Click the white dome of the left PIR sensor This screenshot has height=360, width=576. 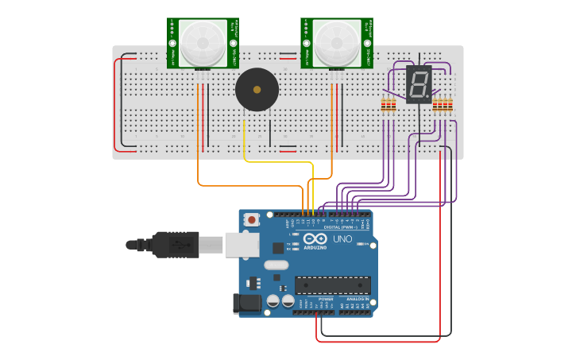coord(203,43)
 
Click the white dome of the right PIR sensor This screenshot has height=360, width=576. coord(336,43)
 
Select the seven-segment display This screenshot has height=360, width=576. coord(419,84)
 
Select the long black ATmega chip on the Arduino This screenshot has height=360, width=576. coord(332,285)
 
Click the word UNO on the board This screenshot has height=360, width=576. coord(342,239)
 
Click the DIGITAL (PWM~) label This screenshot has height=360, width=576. coord(341,227)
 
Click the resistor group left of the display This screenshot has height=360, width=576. coord(388,105)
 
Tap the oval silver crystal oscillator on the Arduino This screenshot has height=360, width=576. coord(275,265)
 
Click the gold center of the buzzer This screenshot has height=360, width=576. coord(257,90)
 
